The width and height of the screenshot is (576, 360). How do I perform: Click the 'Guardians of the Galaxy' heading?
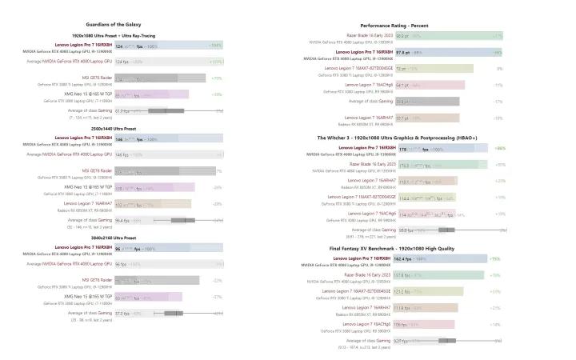(132, 26)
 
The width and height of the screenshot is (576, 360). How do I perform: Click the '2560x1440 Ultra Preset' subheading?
(132, 128)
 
